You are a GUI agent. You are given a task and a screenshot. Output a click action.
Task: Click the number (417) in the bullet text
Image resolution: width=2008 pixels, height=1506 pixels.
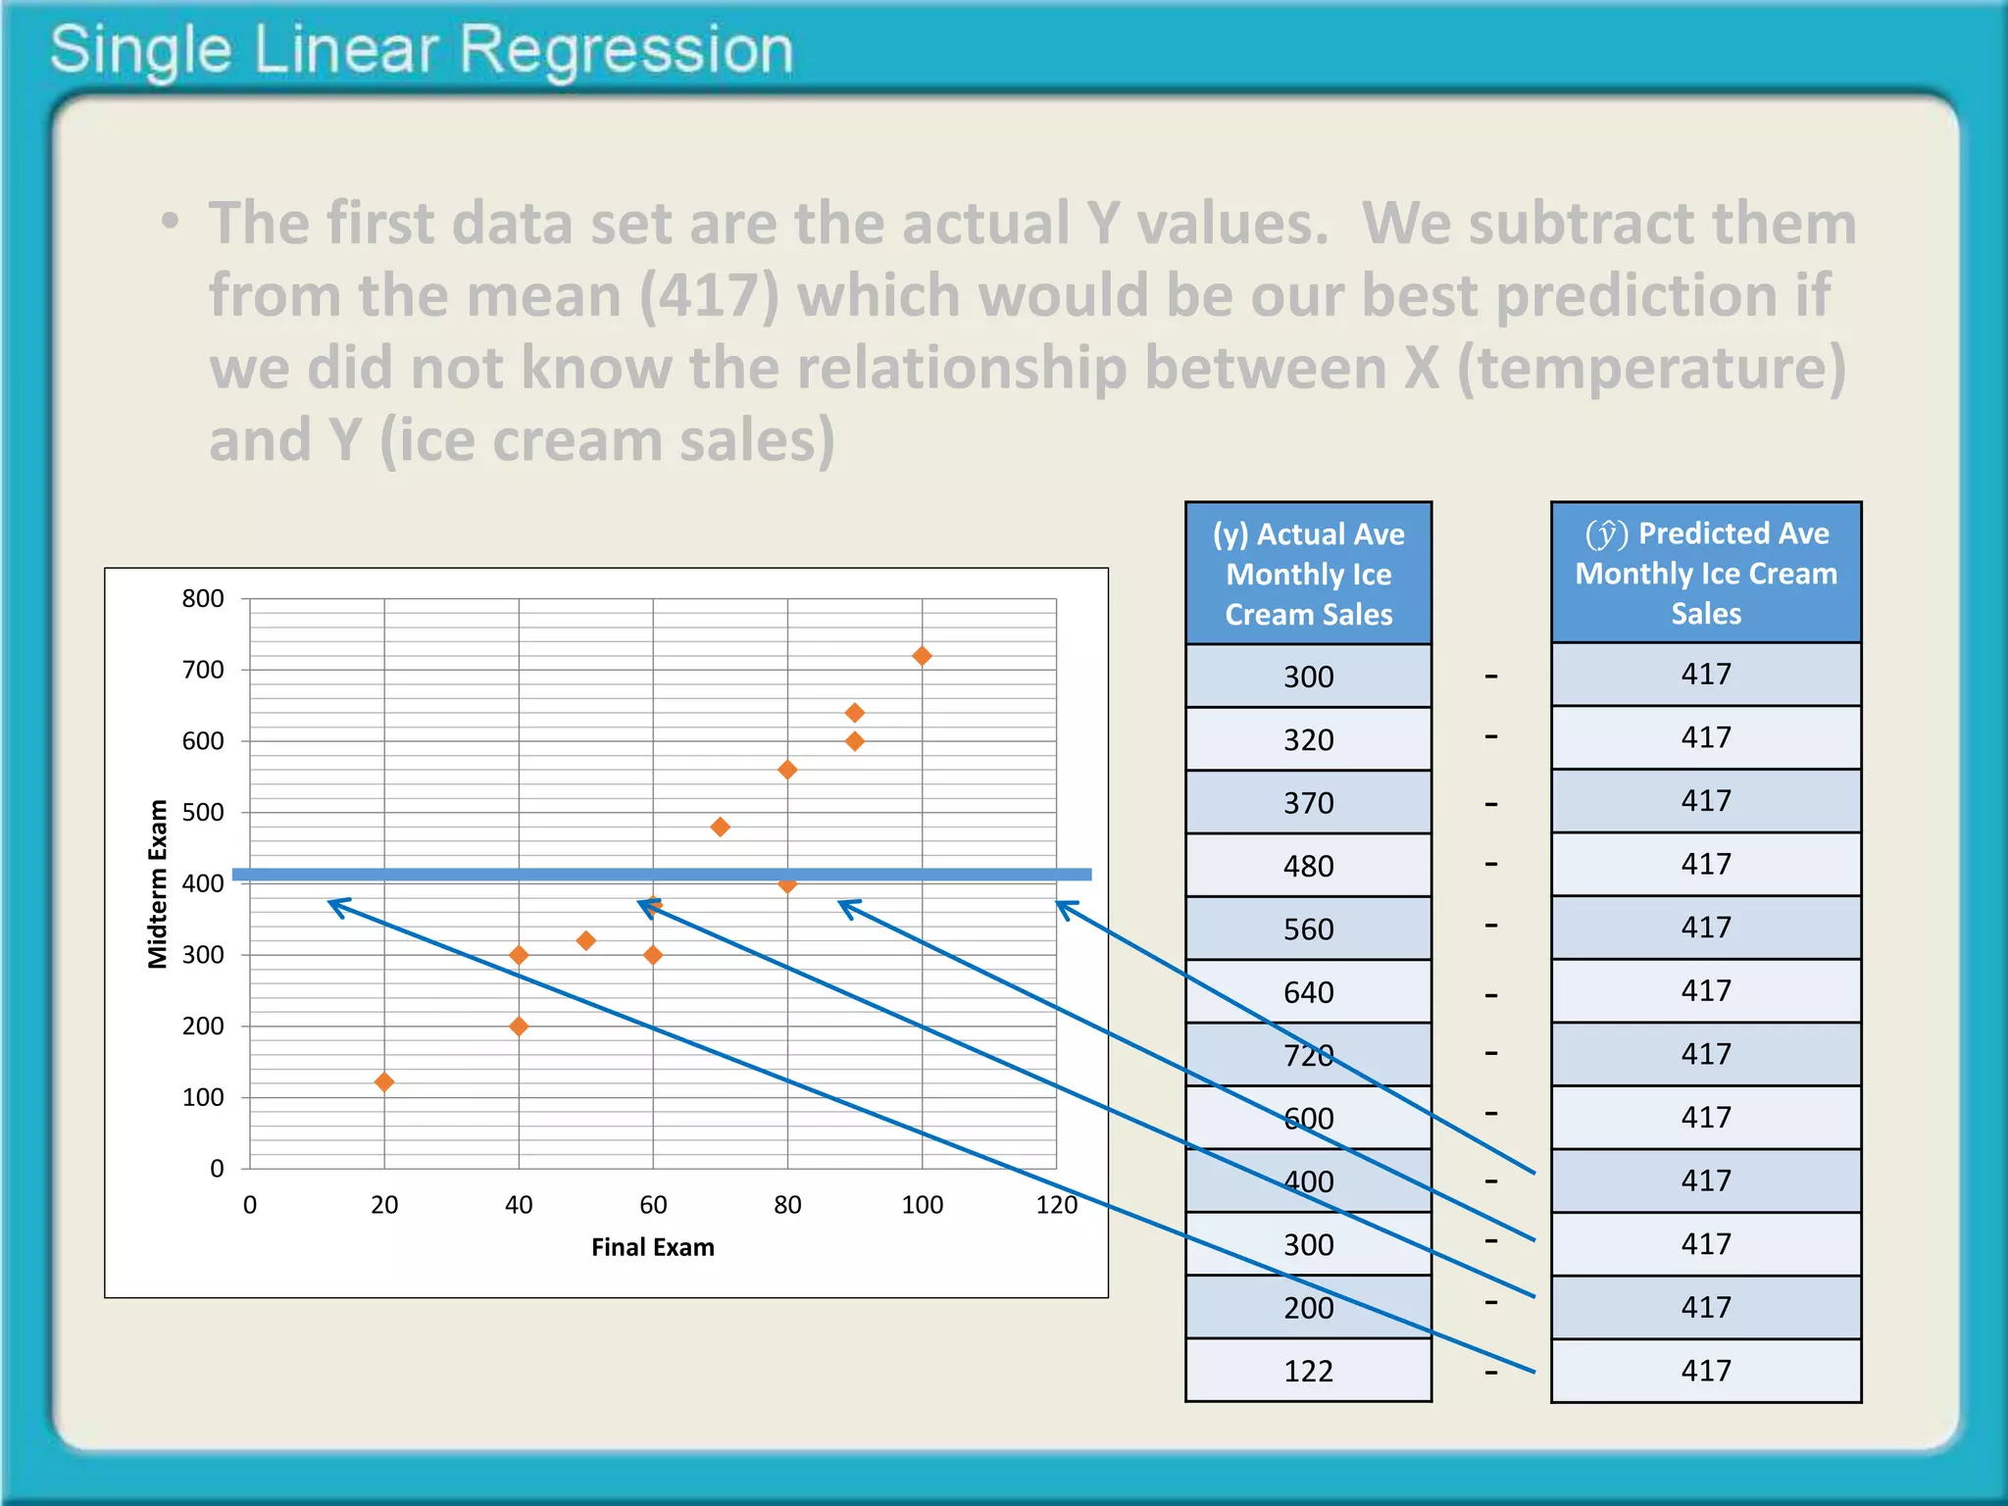(x=709, y=295)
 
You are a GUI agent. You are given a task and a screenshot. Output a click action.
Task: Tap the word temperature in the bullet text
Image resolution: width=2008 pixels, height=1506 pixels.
(x=1651, y=368)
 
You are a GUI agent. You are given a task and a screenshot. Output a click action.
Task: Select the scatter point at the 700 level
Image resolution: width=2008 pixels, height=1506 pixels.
(x=922, y=656)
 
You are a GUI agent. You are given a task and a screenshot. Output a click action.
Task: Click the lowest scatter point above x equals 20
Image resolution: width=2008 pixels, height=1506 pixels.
(x=384, y=1082)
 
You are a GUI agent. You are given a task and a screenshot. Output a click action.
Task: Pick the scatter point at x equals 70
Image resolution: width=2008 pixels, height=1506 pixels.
(x=720, y=828)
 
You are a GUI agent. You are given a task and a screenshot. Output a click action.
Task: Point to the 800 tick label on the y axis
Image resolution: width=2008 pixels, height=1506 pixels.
(x=203, y=598)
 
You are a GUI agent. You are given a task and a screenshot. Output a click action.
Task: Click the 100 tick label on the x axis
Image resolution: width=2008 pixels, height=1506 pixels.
(x=922, y=1205)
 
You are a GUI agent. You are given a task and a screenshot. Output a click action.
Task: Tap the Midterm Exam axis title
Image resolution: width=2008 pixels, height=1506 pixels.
(x=158, y=883)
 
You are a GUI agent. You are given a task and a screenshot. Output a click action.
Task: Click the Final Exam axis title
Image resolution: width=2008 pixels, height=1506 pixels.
(x=652, y=1247)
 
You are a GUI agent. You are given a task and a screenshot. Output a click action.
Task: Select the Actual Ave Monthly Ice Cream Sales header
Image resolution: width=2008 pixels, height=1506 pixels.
(x=1308, y=574)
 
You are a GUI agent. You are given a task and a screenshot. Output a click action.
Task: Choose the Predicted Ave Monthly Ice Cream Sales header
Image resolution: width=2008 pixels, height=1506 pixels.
(x=1705, y=573)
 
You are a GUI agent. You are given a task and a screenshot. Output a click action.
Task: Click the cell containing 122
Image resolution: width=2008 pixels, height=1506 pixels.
(x=1308, y=1371)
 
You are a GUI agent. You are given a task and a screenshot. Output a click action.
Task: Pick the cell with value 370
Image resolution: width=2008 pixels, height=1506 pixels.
(x=1308, y=803)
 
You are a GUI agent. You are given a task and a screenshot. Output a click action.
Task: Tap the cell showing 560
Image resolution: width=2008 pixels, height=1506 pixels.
(x=1308, y=929)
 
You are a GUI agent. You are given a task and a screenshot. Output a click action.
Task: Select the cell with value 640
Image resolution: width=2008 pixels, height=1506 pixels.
(x=1308, y=992)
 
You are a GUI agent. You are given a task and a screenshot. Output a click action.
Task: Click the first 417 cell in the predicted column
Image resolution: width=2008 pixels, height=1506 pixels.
(x=1705, y=675)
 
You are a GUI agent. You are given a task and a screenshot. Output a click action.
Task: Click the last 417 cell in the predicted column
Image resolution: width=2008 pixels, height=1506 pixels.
(x=1705, y=1371)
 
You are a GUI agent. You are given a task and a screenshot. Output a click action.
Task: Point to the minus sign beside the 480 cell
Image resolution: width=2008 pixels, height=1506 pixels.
(x=1490, y=865)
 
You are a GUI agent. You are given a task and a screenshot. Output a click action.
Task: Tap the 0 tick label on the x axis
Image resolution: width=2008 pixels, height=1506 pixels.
(x=250, y=1205)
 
